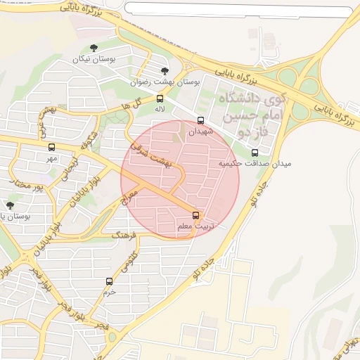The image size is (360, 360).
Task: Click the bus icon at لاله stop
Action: tap(160, 98)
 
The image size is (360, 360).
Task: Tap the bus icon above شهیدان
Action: tap(201, 120)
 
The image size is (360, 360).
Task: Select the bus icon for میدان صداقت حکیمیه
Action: tap(255, 152)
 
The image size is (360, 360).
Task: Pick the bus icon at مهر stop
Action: tap(51, 147)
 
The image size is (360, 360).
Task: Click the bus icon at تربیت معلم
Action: tap(195, 215)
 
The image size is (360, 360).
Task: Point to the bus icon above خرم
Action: tap(109, 281)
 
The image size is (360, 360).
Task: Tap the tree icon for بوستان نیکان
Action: tap(94, 48)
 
